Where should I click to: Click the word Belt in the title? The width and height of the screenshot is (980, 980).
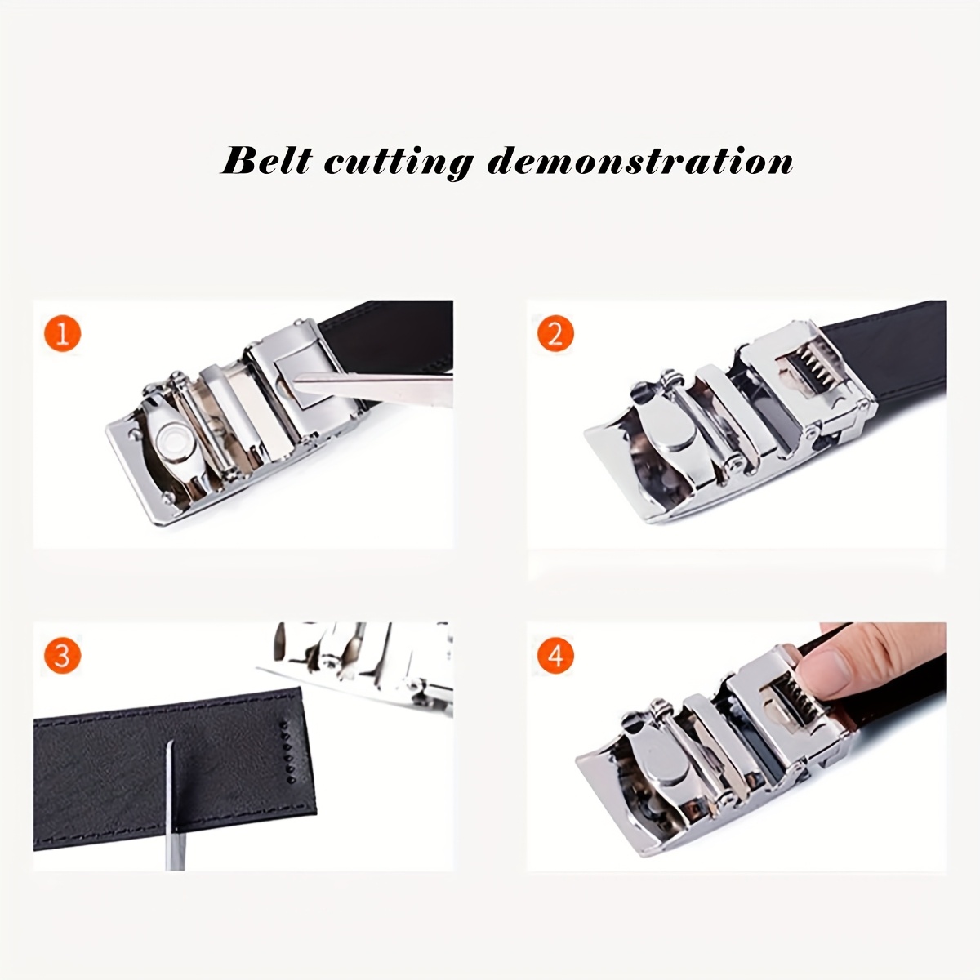tap(265, 160)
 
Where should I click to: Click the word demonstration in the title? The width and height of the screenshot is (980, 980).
tap(639, 161)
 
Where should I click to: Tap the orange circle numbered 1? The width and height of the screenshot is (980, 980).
tap(63, 334)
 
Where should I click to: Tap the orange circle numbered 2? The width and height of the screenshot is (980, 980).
tap(555, 334)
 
